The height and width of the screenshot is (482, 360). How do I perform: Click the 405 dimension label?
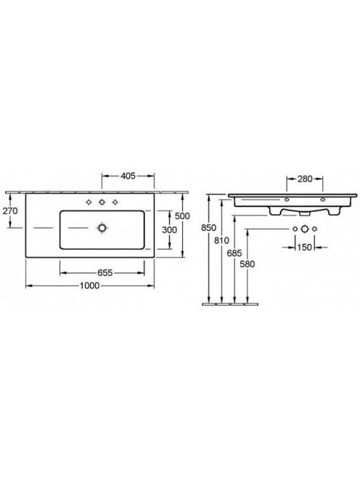(x=128, y=176)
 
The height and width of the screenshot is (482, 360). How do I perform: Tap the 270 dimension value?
(x=10, y=211)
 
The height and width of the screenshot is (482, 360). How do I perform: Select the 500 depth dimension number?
(x=182, y=216)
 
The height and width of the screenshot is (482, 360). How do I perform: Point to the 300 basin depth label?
(x=169, y=229)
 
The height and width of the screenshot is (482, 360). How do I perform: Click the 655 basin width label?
(x=105, y=273)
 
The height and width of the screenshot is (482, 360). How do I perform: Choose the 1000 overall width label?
(x=90, y=286)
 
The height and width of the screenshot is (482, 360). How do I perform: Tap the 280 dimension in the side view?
(x=305, y=179)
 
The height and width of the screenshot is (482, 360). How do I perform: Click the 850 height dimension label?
(x=209, y=228)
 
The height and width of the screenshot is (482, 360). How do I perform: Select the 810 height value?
(x=221, y=240)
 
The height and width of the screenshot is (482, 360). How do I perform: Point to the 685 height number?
(x=234, y=253)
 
